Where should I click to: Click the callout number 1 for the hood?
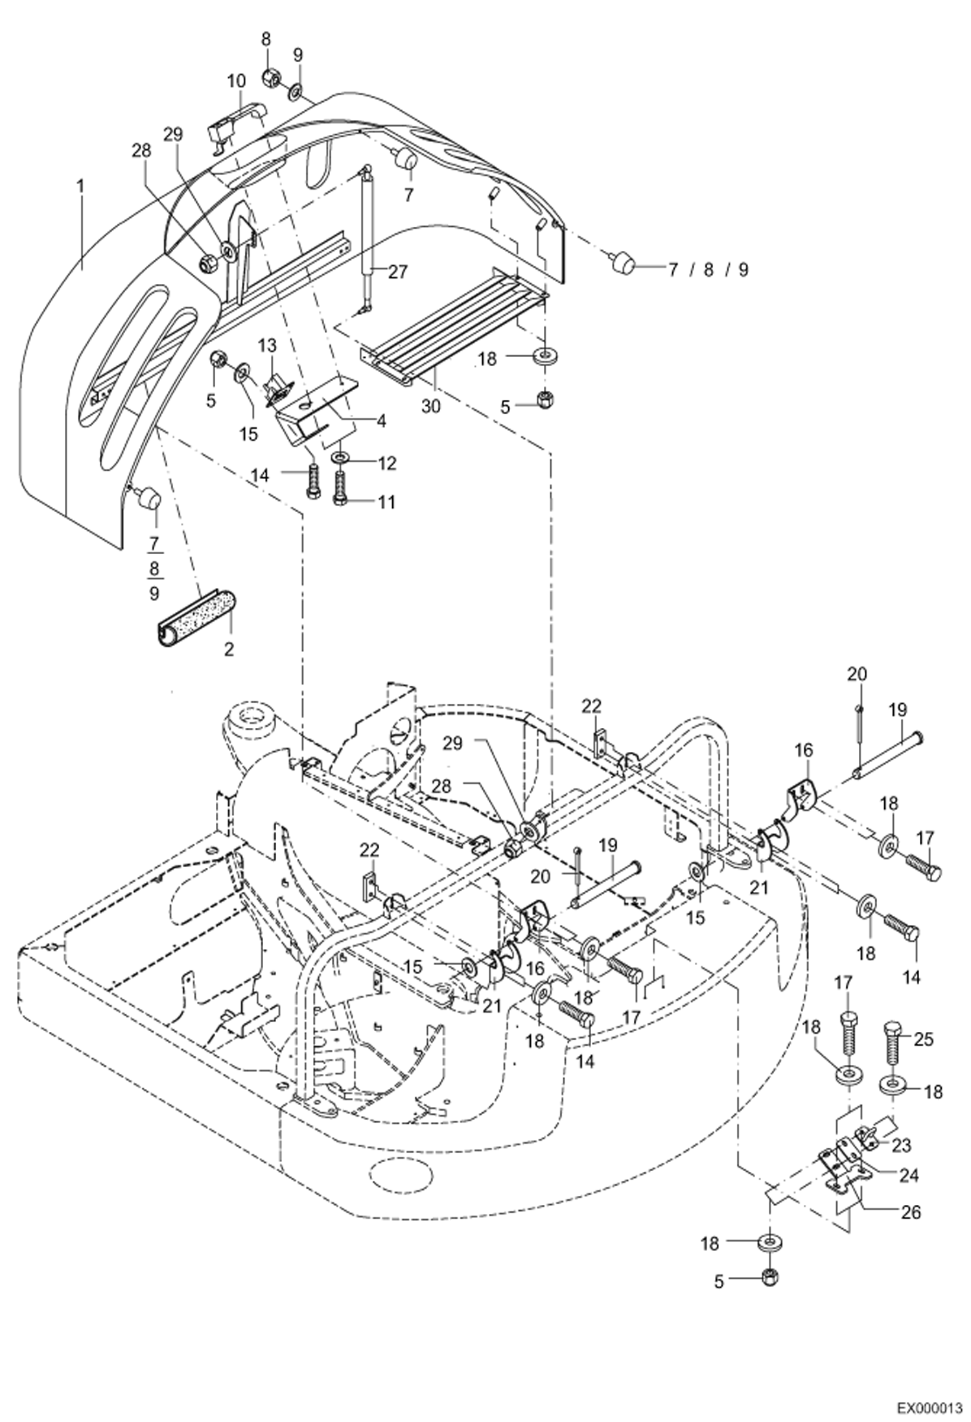80,187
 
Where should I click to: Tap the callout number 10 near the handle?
237,81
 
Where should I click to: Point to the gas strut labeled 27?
369,227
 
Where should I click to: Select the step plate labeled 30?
454,337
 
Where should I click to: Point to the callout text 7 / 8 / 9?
708,270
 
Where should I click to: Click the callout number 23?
901,1145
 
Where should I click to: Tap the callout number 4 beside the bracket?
381,421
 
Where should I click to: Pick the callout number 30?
430,406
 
